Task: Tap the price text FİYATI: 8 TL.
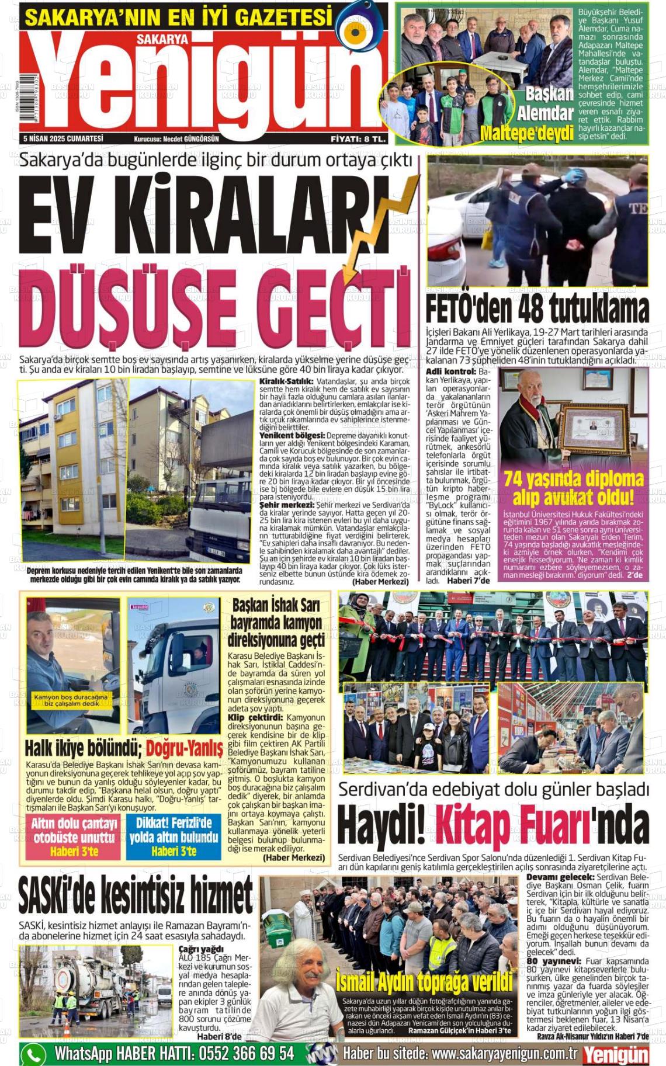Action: pyautogui.click(x=358, y=139)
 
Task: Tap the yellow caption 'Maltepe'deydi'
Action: pyautogui.click(x=526, y=133)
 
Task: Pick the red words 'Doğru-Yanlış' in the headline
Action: pyautogui.click(x=184, y=748)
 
